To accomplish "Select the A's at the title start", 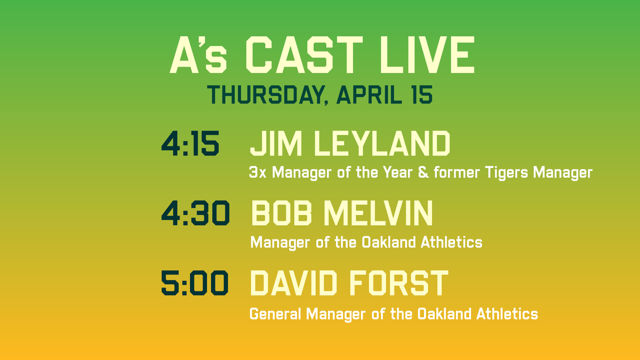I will coord(198,56).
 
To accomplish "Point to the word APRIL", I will coord(373,94).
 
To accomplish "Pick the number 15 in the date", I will coord(422,94).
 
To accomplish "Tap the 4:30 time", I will coord(196,214).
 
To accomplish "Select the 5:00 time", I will coord(195,283).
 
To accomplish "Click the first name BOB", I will coord(283,214).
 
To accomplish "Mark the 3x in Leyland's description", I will coord(258,173).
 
